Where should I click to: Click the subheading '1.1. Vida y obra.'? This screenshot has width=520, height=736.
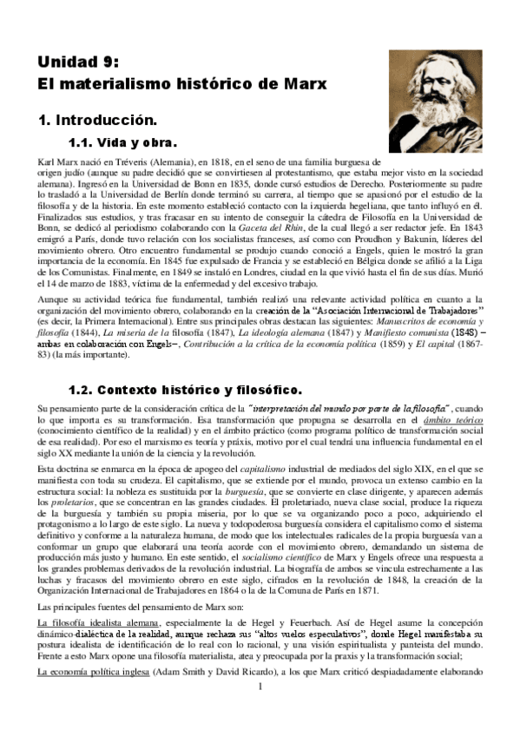tap(122, 142)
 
